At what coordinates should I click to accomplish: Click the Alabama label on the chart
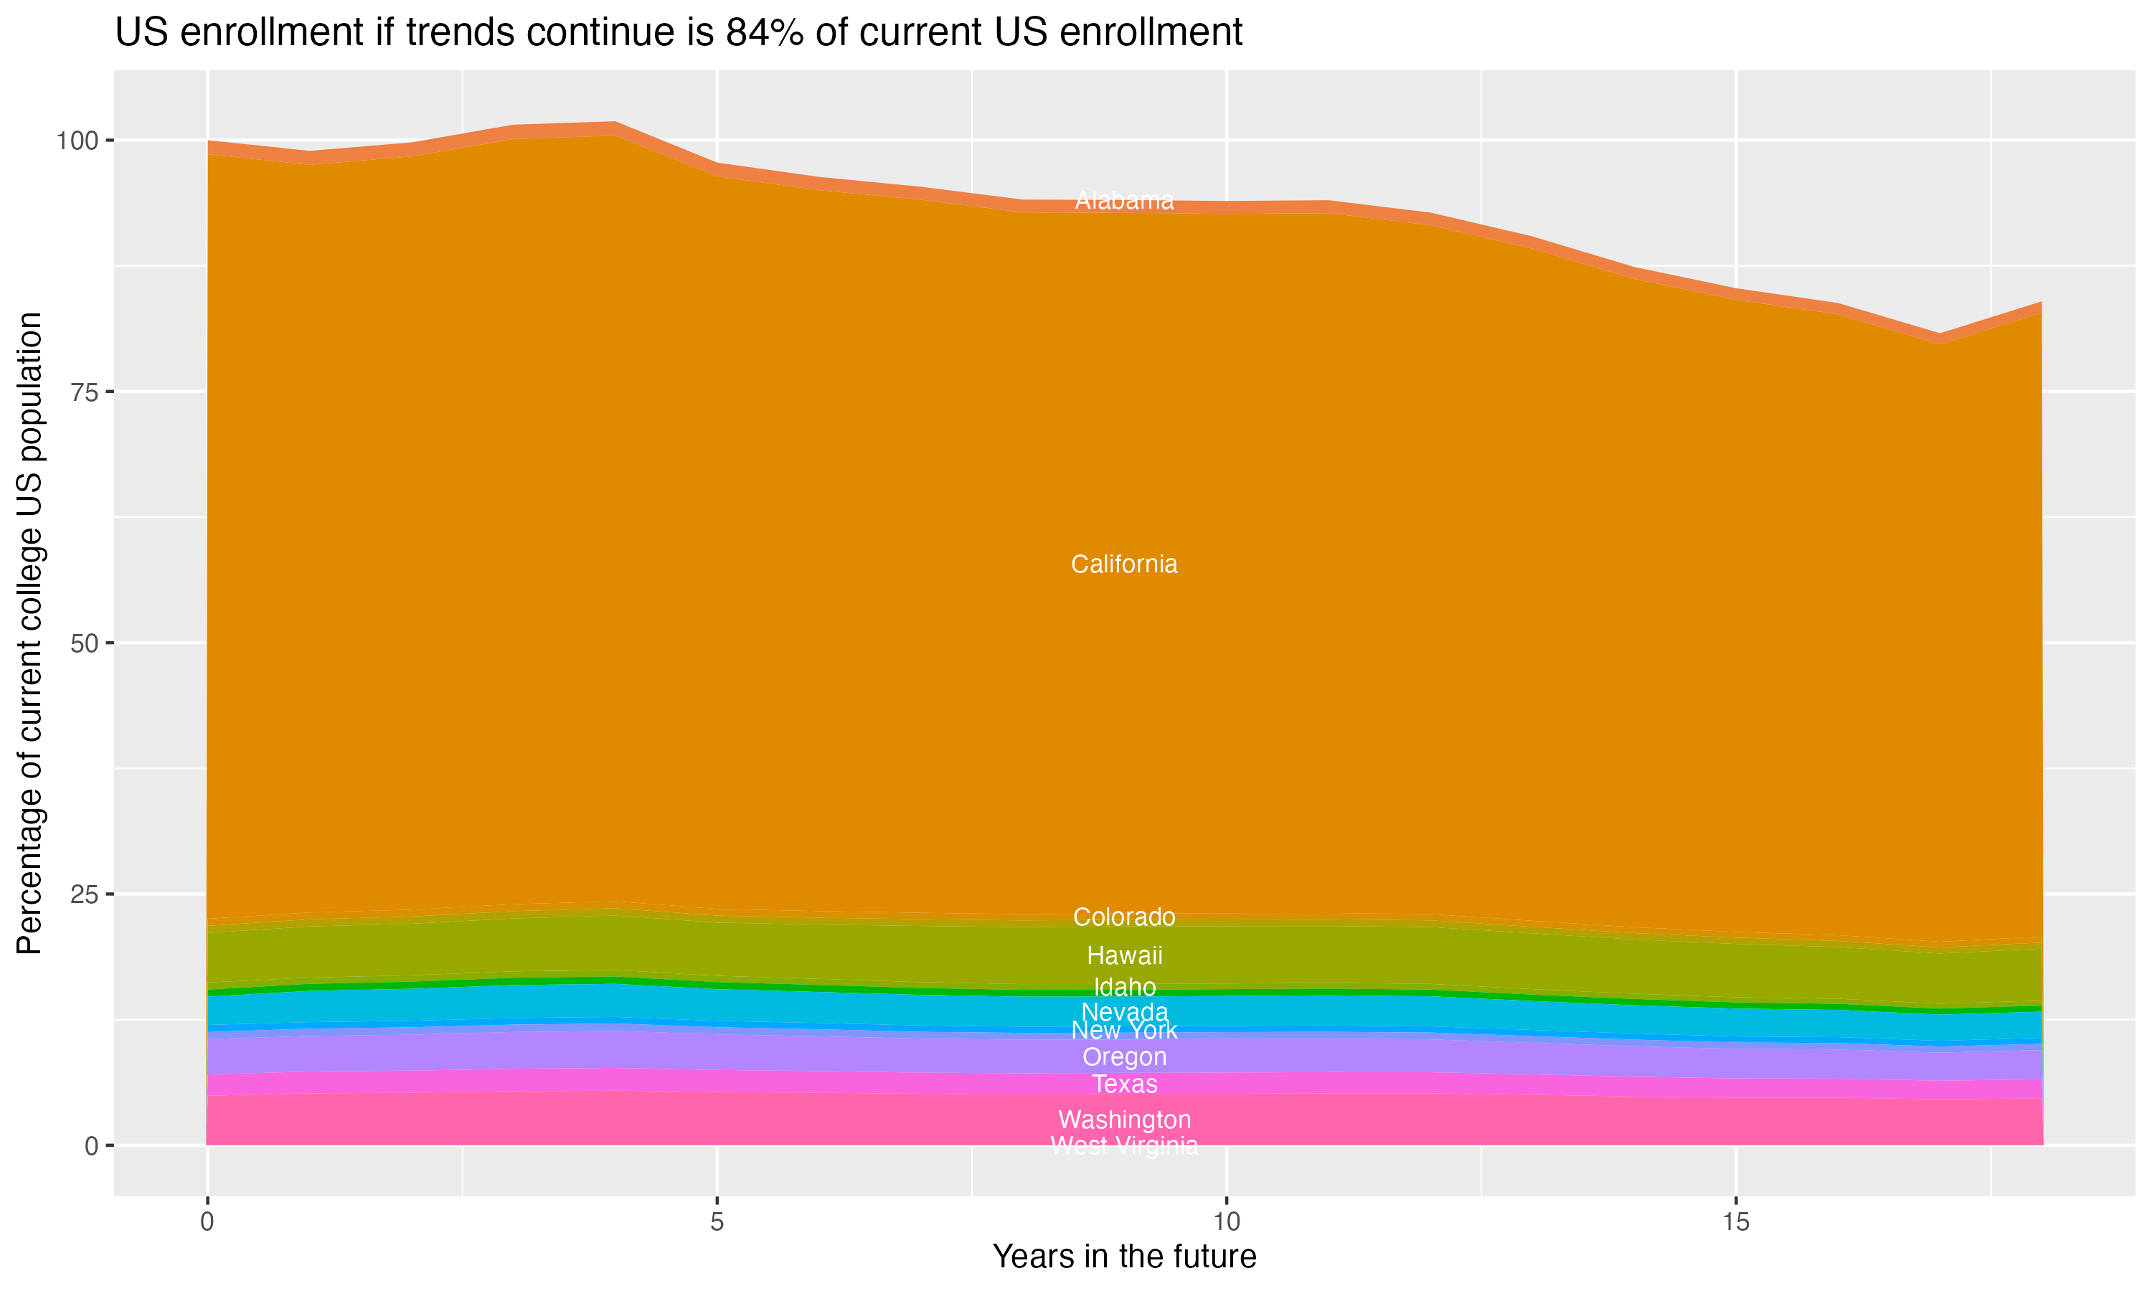[1124, 201]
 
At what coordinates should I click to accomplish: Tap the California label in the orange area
[1124, 564]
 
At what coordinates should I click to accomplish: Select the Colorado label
[1124, 917]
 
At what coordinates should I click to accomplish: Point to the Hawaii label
[1124, 955]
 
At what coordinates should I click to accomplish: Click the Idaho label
[1124, 988]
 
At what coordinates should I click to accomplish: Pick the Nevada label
[1124, 1012]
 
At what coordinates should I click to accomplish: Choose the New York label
[1124, 1031]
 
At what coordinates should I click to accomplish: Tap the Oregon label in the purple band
[1124, 1057]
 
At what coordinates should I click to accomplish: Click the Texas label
[1124, 1084]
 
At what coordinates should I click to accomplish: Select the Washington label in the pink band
[1124, 1120]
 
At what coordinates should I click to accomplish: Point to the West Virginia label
[1124, 1145]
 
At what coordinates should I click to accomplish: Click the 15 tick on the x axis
[1735, 1222]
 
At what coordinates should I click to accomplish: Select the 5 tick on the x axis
[717, 1222]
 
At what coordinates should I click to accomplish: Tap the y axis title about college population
[29, 633]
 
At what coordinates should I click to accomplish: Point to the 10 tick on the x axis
[1226, 1222]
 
